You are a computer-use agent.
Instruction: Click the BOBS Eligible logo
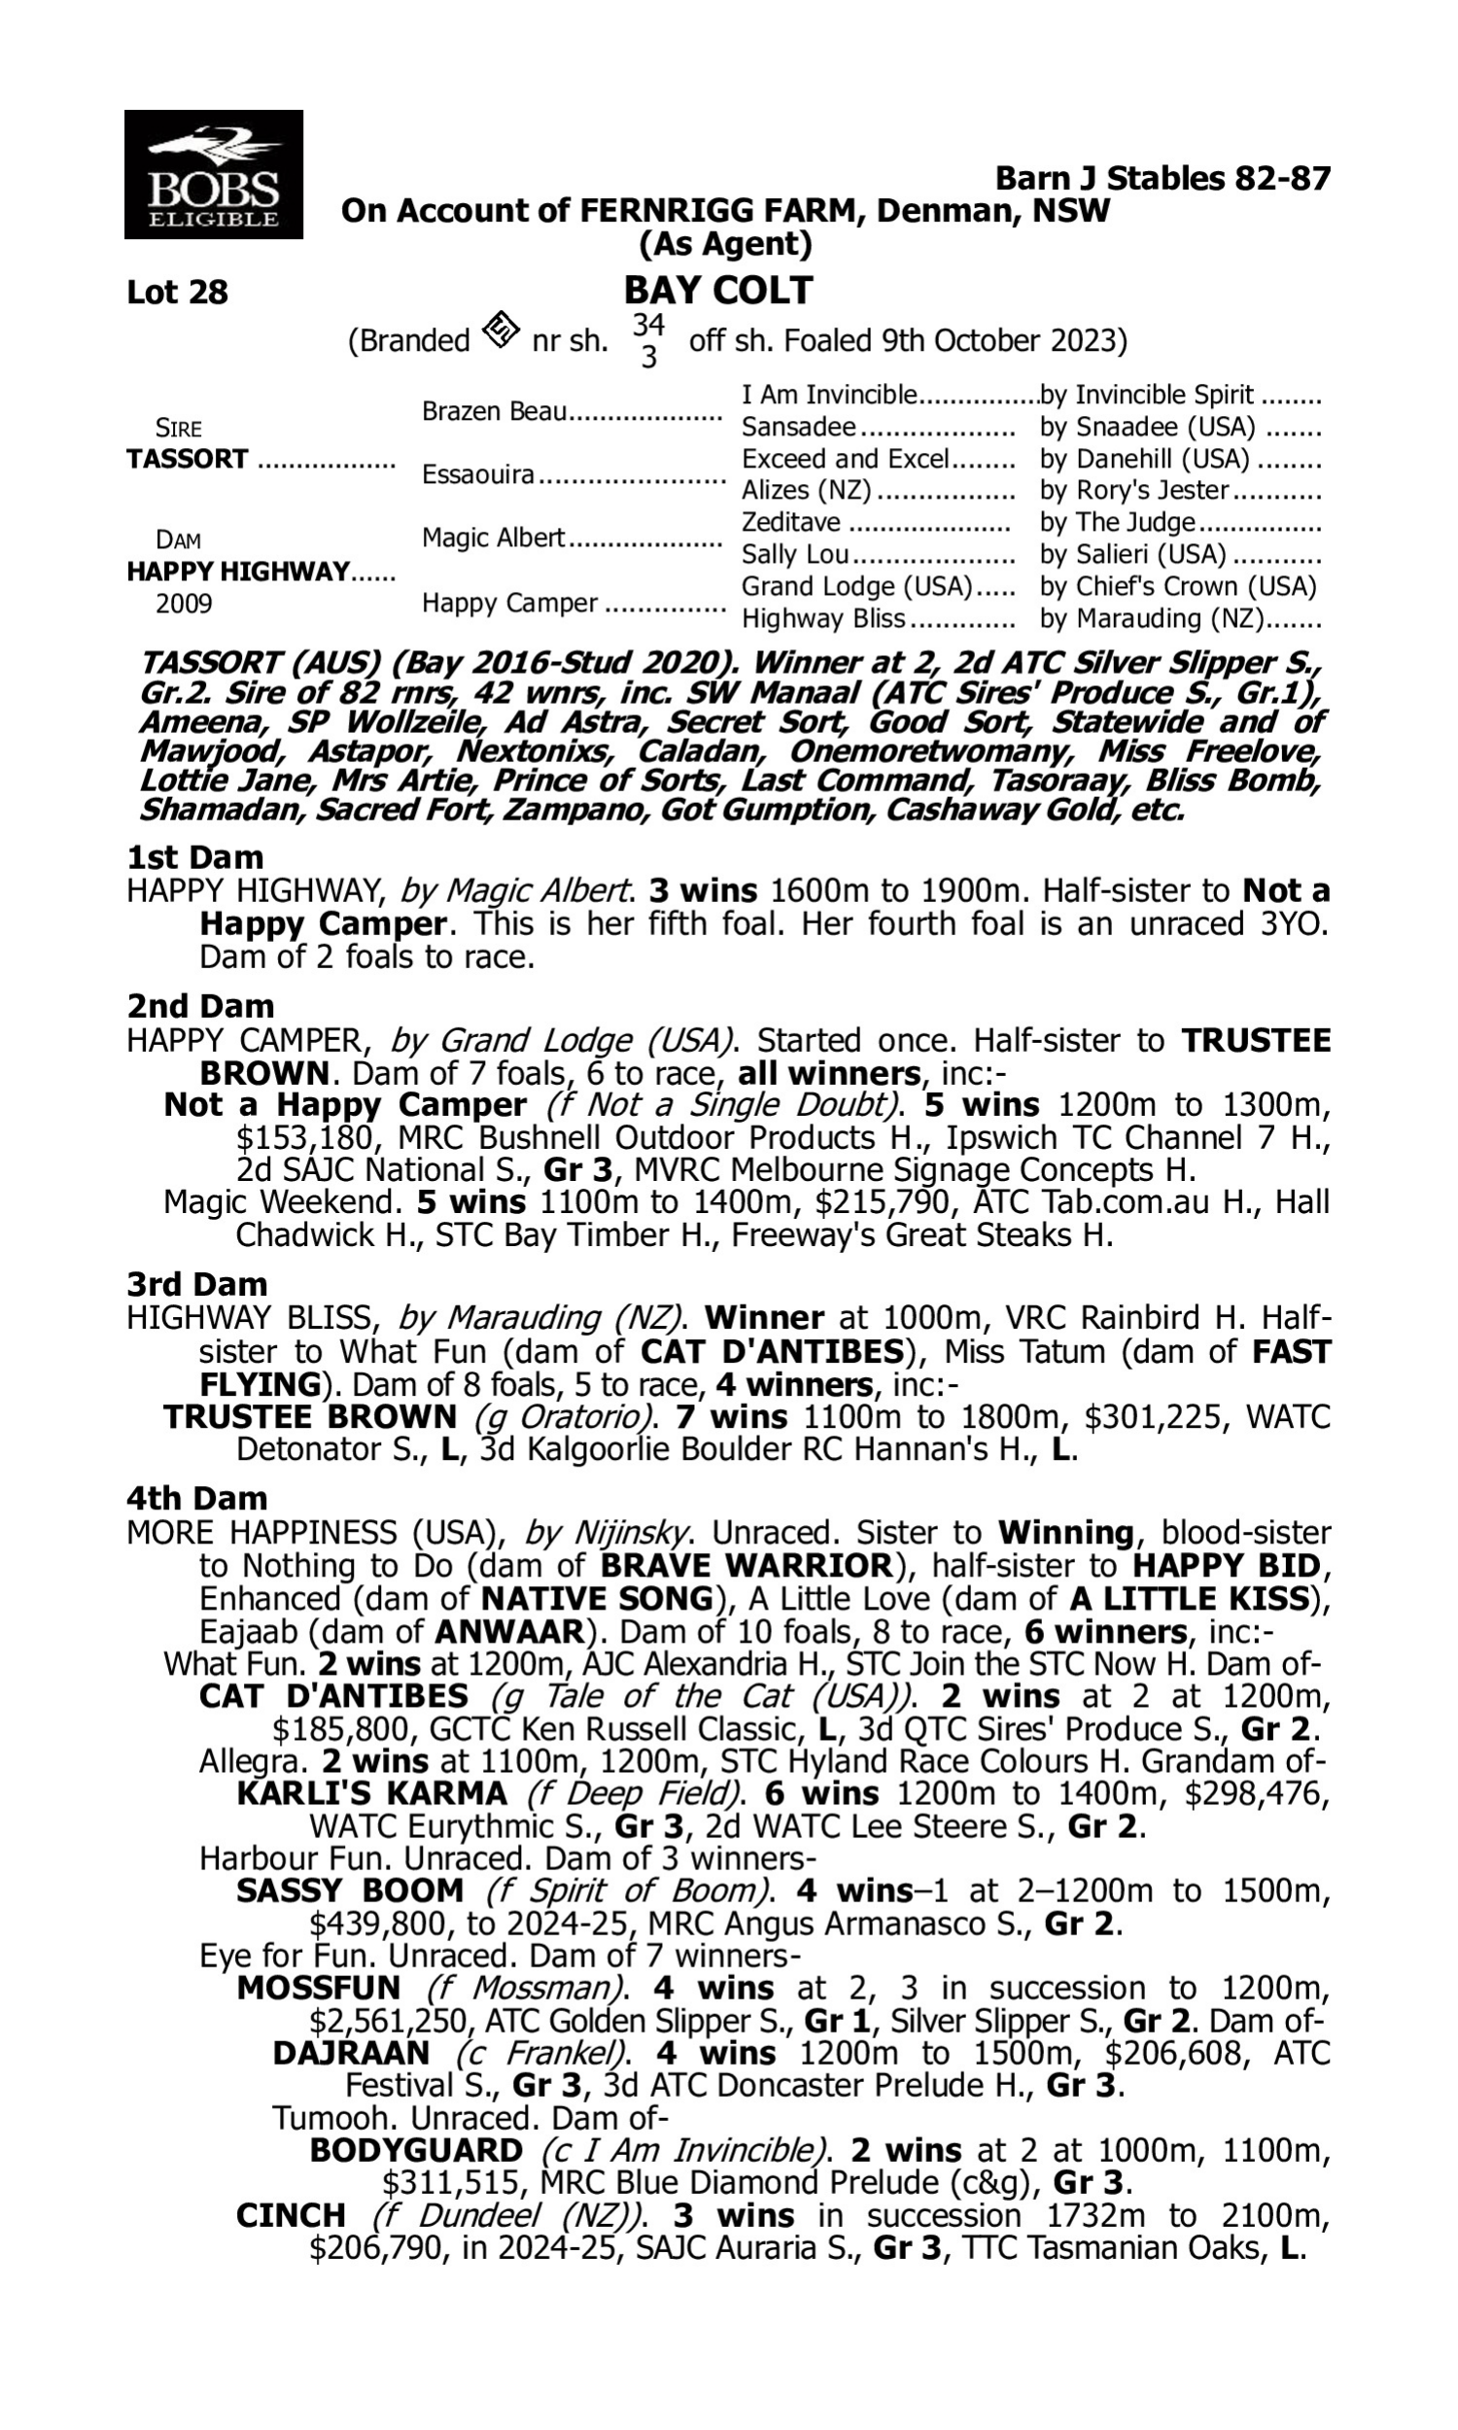pos(213,175)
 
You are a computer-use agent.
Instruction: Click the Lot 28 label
pos(177,293)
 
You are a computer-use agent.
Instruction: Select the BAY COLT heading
pos(718,291)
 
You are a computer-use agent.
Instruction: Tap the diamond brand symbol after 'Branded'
pos(501,331)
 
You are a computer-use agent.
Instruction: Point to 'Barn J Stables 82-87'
pos(1163,179)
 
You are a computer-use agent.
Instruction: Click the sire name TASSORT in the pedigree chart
pos(188,460)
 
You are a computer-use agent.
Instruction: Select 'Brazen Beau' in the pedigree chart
pos(494,411)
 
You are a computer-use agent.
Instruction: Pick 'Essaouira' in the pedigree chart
pos(478,475)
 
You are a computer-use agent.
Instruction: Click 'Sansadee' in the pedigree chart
pos(799,428)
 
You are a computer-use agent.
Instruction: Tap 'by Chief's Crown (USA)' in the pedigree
pos(1177,586)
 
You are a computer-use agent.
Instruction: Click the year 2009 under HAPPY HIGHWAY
pos(184,603)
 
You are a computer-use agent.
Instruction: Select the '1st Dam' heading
pos(195,857)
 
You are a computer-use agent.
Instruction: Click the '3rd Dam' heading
pos(196,1285)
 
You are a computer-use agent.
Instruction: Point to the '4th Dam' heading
pos(196,1499)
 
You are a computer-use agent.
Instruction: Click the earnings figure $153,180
pos(304,1138)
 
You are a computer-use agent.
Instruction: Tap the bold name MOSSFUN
pos(318,1989)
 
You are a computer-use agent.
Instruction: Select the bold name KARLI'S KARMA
pos(371,1793)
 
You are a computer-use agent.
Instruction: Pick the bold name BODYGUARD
pos(416,2150)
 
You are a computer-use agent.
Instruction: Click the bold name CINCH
pos(291,2216)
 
